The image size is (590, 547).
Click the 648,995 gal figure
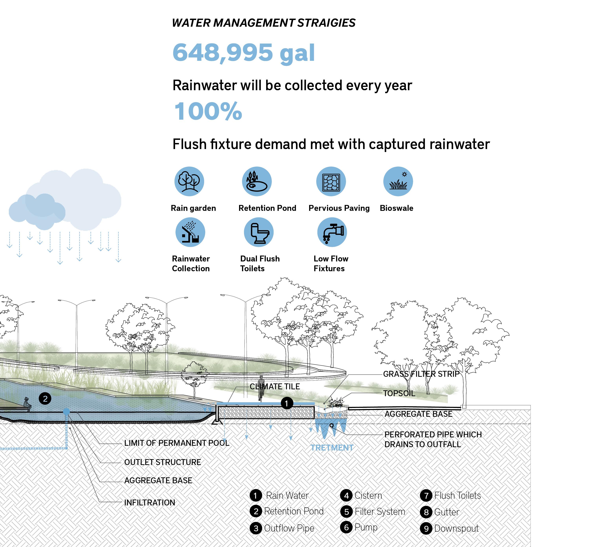pos(243,53)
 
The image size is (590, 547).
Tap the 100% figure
pos(208,111)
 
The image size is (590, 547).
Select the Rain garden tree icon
pos(189,181)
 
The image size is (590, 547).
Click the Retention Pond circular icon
pos(257,181)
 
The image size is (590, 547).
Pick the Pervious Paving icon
pos(331,181)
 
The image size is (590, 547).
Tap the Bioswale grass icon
pos(398,181)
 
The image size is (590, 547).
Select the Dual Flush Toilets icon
pos(258,232)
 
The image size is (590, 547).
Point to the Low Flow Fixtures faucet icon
pos(332,232)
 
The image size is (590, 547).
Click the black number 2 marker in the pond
pos(45,399)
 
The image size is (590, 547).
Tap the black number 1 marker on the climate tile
pos(286,403)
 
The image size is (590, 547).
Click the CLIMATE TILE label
pos(275,387)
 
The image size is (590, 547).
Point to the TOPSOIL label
pos(399,393)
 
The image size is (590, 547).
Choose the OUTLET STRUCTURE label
pos(162,462)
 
